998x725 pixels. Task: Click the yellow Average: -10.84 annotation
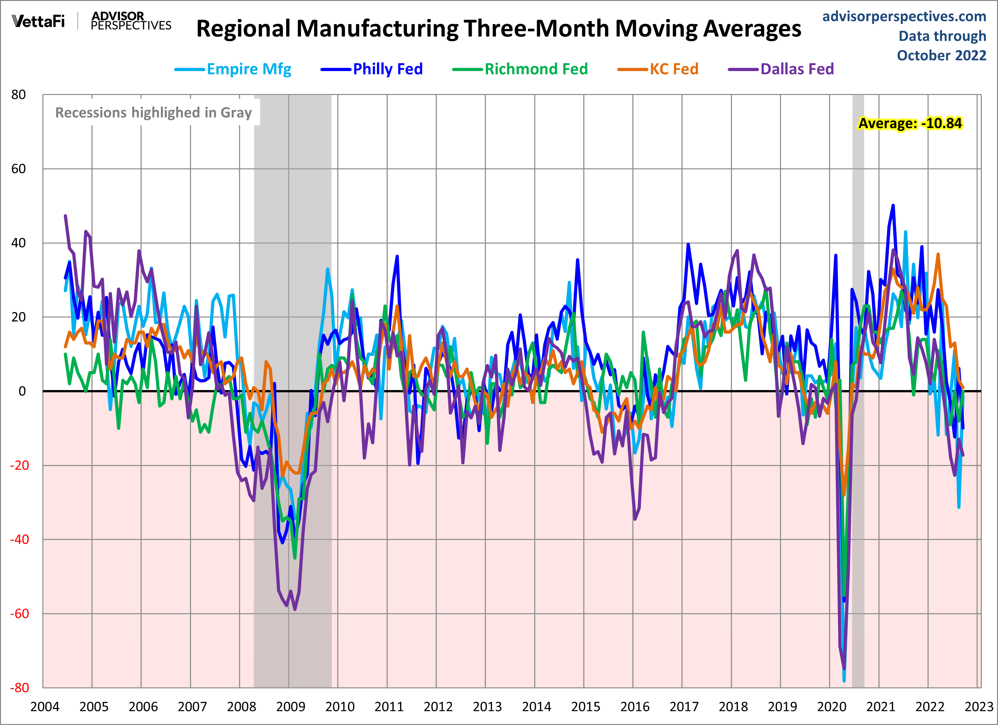click(x=910, y=123)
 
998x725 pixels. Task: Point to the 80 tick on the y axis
click(x=18, y=95)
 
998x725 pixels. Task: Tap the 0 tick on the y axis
click(x=22, y=391)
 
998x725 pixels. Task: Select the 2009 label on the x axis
click(x=290, y=707)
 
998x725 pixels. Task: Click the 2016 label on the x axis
click(x=635, y=707)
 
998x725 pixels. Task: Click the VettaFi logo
click(x=39, y=21)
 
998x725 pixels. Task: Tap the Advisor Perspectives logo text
click(x=131, y=21)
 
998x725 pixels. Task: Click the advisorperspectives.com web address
click(x=904, y=17)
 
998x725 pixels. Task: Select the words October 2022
click(x=942, y=55)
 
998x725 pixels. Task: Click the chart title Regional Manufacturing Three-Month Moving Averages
click(x=499, y=29)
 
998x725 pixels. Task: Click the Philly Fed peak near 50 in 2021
click(x=893, y=206)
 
